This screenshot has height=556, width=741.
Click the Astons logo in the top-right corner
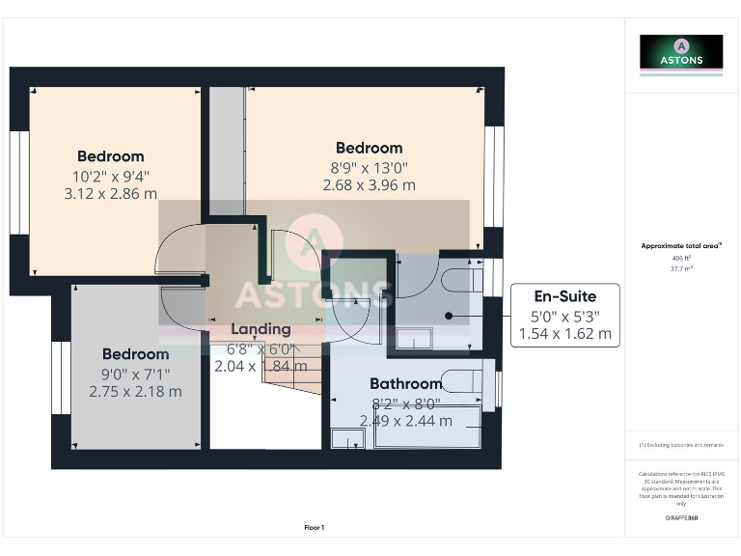[x=681, y=52]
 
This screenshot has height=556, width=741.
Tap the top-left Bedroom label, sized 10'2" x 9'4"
[x=111, y=156]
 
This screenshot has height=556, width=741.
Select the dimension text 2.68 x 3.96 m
[x=369, y=185]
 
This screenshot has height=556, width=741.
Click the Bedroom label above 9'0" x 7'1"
[x=135, y=354]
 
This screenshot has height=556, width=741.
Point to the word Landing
[x=261, y=329]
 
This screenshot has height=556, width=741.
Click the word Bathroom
[x=405, y=384]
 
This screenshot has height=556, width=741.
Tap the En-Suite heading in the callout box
[x=565, y=296]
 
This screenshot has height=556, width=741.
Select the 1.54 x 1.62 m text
[x=565, y=334]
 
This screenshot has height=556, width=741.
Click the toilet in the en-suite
[x=464, y=280]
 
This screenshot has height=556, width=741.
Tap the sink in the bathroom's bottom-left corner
[x=344, y=438]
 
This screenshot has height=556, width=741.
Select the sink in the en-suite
[x=416, y=338]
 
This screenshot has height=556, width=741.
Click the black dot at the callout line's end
[x=449, y=316]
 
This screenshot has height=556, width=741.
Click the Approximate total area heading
[x=681, y=246]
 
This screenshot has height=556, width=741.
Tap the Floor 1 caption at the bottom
[x=315, y=527]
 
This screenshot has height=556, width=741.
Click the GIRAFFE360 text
[x=681, y=518]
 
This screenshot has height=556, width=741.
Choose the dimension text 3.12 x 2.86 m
[x=111, y=193]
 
